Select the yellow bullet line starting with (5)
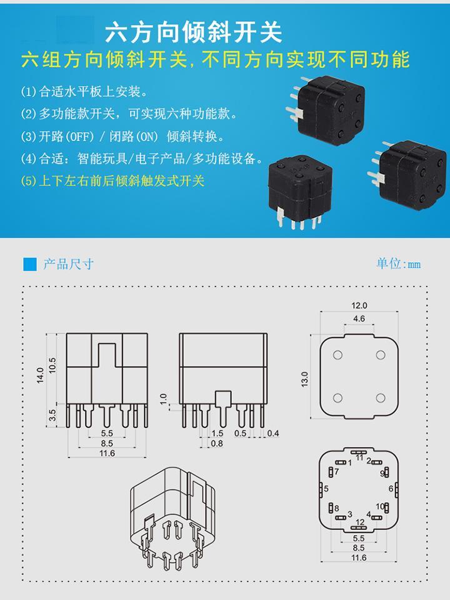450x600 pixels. click(x=112, y=182)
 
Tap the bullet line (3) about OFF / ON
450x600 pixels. click(x=122, y=137)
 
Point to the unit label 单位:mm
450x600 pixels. click(x=398, y=263)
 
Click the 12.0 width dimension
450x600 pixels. click(x=359, y=306)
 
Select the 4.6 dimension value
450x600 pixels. click(x=359, y=318)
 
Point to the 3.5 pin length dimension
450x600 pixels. click(x=53, y=414)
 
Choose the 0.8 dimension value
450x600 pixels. click(x=216, y=443)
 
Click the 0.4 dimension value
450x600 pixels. click(x=272, y=433)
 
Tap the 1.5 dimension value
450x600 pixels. click(x=217, y=433)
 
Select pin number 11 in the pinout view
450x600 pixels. click(x=359, y=458)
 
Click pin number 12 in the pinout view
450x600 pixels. click(x=359, y=521)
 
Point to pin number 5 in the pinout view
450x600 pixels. click(x=326, y=488)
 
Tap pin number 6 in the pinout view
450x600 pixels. click(x=391, y=488)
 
